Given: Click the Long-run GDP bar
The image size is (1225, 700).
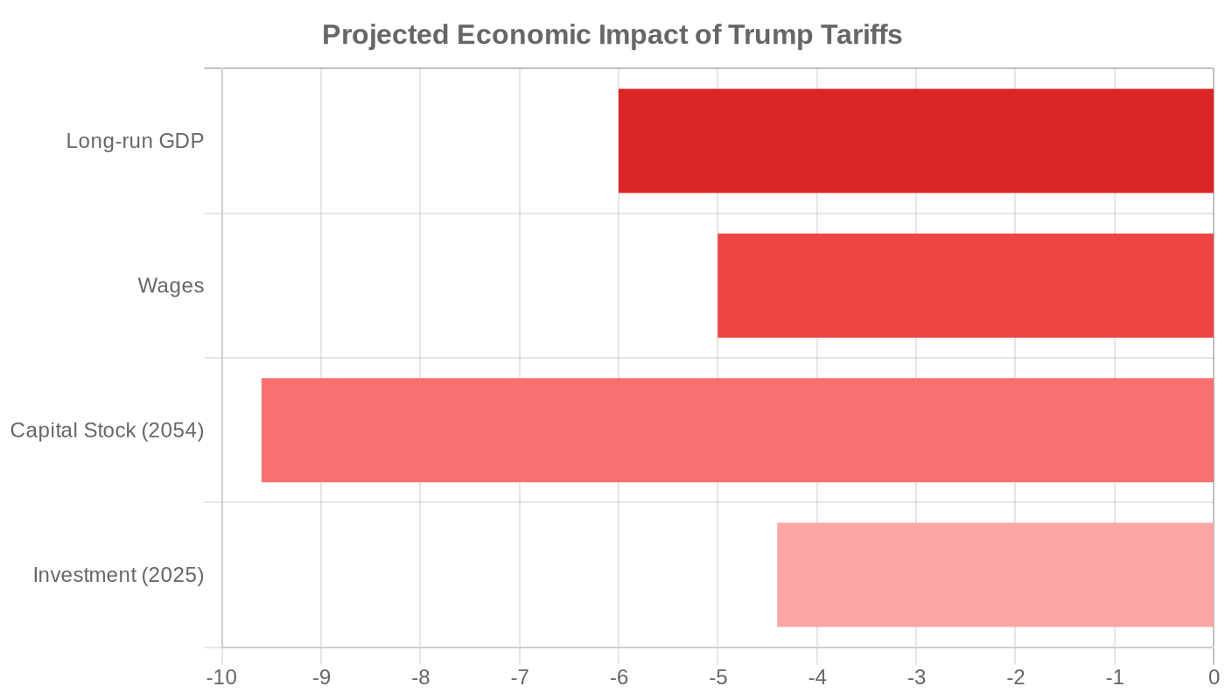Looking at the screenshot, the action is [915, 141].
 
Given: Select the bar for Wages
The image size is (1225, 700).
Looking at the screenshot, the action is [965, 285].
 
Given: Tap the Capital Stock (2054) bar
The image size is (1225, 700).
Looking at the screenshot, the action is [737, 430].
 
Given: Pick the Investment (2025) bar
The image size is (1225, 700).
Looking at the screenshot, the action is [995, 575].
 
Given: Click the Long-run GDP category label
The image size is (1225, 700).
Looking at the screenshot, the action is [135, 141].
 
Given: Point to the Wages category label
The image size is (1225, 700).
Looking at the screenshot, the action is [171, 286].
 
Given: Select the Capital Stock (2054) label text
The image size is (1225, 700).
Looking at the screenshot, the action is [107, 430].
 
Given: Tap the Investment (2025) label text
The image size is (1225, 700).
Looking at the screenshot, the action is [118, 575].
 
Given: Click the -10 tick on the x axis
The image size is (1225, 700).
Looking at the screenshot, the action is [220, 678].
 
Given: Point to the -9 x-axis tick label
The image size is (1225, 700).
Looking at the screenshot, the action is [321, 678].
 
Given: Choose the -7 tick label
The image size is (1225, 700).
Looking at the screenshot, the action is [520, 678].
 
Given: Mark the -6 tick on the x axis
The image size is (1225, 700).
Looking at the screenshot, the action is [619, 678].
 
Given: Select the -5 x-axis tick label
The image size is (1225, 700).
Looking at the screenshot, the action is [717, 678].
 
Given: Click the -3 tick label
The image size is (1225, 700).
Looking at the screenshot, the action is [916, 678].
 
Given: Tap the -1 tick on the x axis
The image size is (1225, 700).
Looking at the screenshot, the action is [1114, 678].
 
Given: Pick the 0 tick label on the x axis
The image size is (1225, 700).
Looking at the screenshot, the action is [1214, 678].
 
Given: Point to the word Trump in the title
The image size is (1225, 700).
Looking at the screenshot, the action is [769, 36].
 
